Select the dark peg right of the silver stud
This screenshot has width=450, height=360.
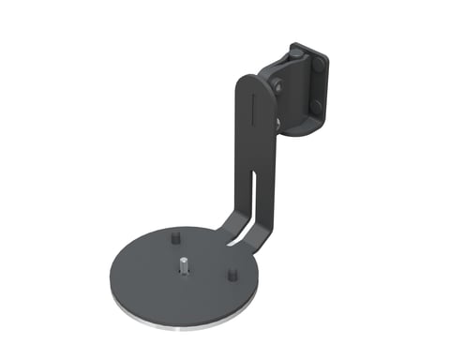(x=232, y=277)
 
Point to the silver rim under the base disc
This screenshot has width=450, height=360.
(x=187, y=324)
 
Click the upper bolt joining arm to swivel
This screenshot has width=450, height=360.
(x=278, y=86)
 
